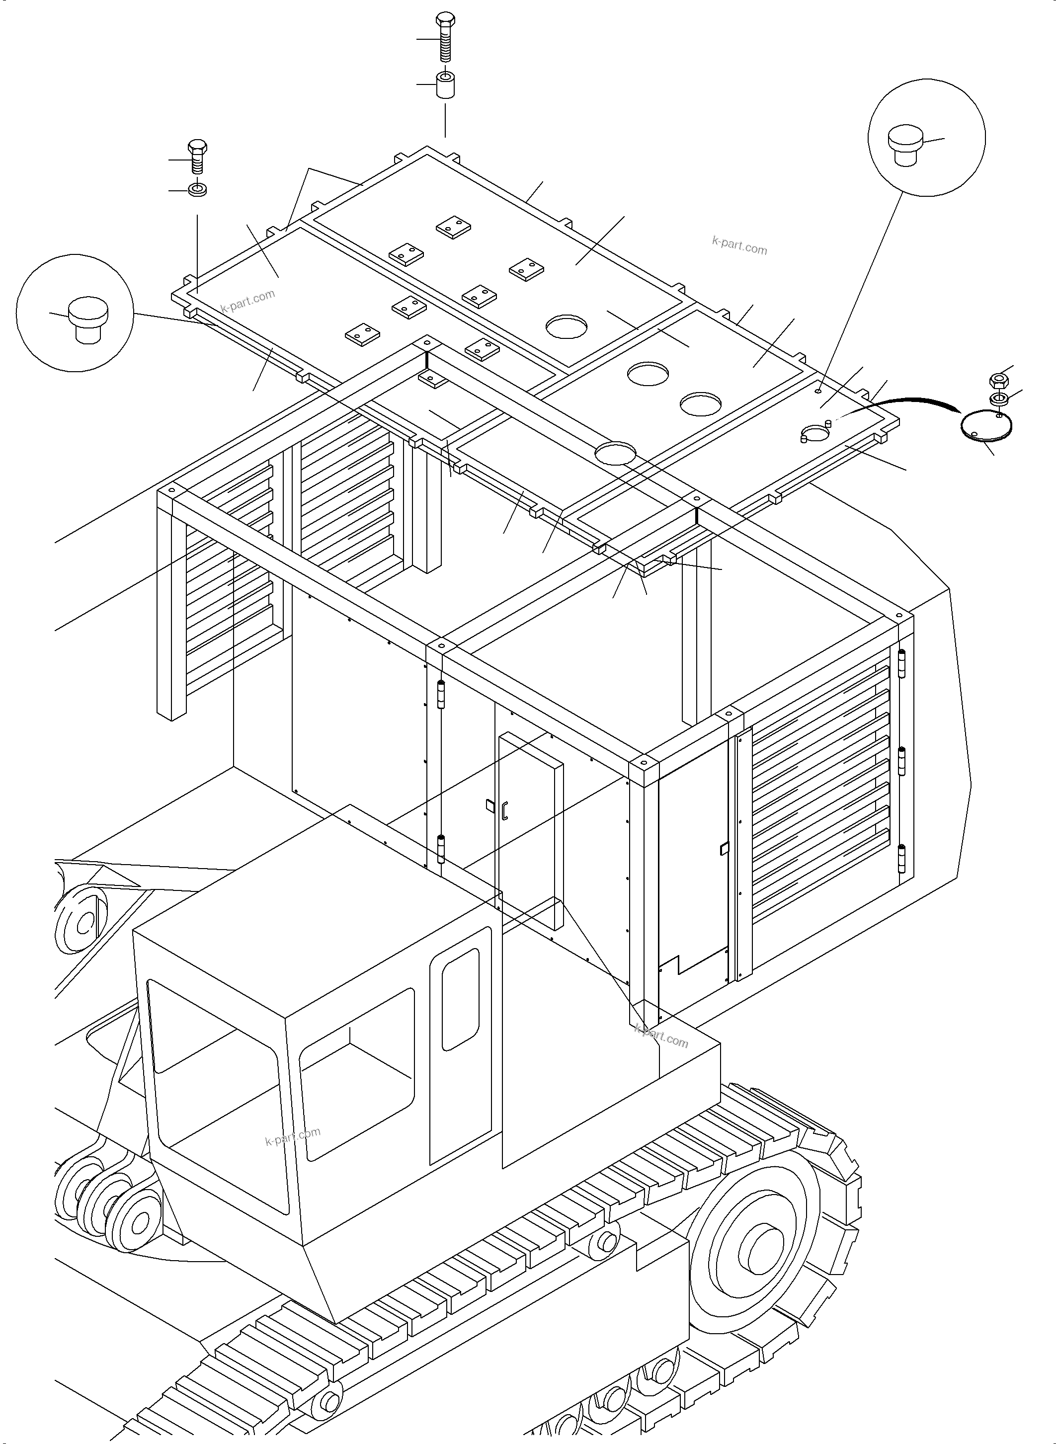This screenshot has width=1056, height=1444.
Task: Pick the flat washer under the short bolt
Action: point(197,190)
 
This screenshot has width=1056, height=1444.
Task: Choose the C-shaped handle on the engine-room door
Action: point(504,810)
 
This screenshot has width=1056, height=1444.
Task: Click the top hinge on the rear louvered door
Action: point(902,663)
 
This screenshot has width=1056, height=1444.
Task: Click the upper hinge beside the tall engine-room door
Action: point(440,695)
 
